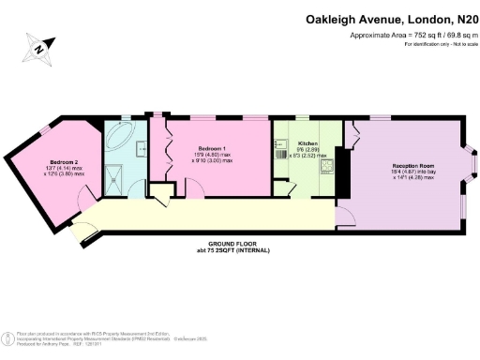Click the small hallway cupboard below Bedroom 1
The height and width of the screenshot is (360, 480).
160,196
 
